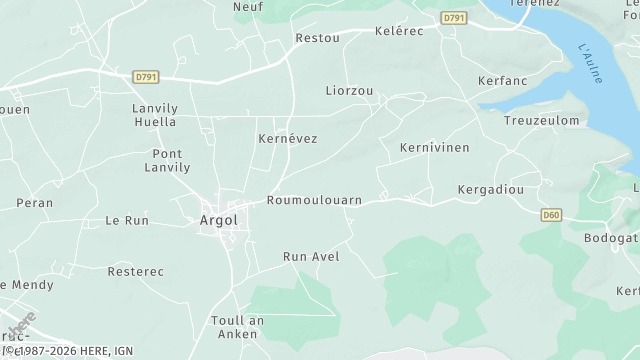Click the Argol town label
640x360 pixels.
point(218,220)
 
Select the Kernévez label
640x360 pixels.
point(287,138)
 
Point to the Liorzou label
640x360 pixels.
point(349,90)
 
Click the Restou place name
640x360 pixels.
point(317,38)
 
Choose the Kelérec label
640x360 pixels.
point(399,31)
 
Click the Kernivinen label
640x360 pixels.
point(434,147)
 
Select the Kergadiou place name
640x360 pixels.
point(490,189)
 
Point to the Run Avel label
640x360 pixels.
point(311,256)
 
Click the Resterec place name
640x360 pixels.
point(135,271)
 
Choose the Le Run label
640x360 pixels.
point(127,220)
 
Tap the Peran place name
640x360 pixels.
point(35,202)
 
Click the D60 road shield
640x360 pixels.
point(551,214)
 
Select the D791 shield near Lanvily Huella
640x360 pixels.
point(146,76)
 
